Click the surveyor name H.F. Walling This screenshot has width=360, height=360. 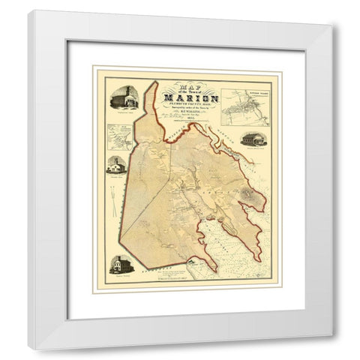[x=194, y=116]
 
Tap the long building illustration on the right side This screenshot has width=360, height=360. [x=251, y=139]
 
